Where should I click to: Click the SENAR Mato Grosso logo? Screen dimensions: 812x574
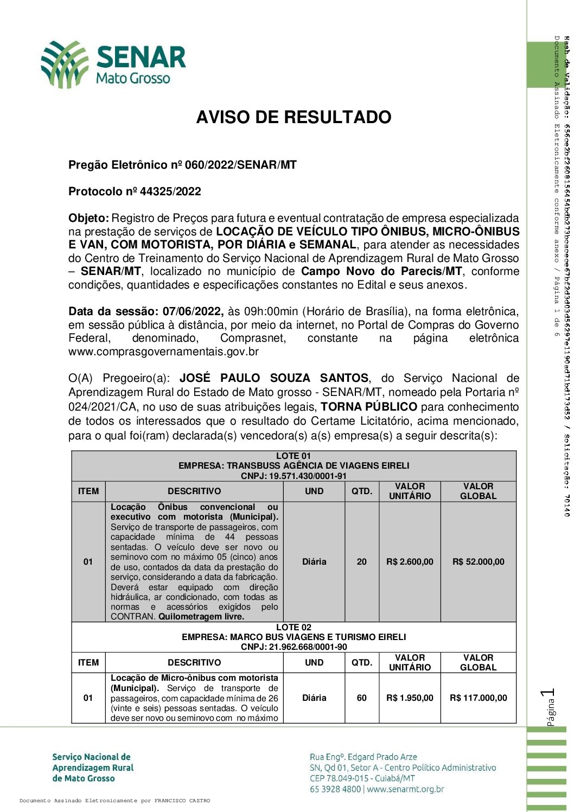coord(113,65)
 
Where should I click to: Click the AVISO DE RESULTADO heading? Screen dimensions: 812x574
coord(294,117)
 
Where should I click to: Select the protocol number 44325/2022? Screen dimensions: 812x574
coord(170,191)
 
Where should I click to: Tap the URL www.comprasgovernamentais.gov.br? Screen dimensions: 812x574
coord(163,351)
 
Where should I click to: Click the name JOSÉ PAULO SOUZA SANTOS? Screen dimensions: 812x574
coord(274,378)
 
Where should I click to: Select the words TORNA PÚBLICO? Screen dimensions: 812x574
coord(369,407)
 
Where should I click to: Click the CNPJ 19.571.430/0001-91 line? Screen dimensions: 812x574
coord(294,476)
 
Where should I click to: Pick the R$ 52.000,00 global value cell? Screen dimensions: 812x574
coord(478,562)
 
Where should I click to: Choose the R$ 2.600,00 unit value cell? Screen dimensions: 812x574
coord(410,562)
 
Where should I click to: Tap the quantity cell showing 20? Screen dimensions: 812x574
coord(361,562)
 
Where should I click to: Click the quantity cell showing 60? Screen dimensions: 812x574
coord(361,698)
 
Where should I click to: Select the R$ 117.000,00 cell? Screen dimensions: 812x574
coord(478,698)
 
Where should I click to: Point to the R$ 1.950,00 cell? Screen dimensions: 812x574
coord(410,698)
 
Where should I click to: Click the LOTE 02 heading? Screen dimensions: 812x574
coord(294,627)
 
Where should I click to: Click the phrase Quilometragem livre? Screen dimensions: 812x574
coord(201,617)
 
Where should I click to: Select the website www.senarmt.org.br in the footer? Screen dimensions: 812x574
coord(405,789)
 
